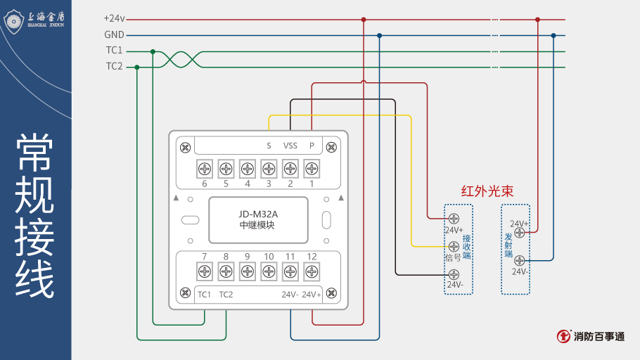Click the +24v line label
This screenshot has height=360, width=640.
pos(114,19)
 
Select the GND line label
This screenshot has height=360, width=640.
pos(114,34)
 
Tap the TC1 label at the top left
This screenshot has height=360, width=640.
pos(114,51)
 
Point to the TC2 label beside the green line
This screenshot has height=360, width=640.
pos(114,66)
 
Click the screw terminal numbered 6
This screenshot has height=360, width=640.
pos(205,169)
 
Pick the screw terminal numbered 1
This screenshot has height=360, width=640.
pos(312,169)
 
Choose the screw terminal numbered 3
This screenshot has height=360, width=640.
pos(269,169)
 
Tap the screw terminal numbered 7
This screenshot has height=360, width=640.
pos(205,271)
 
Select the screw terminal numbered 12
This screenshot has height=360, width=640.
pos(312,271)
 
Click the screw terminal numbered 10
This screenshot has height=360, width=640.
pos(269,271)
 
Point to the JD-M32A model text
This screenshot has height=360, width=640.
pos(258,214)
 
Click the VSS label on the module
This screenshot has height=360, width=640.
pos(290,146)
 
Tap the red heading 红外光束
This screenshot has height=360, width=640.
pos(487,191)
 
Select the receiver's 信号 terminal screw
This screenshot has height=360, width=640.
pos(454,246)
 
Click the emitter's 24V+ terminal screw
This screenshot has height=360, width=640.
pos(520,232)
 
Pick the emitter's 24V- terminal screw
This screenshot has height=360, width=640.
pos(520,260)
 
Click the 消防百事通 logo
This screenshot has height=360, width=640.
pos(591,337)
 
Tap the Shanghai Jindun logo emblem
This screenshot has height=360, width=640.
pos(15,20)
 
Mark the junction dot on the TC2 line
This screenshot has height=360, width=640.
pos(137,67)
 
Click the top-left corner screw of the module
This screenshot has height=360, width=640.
pos(185,147)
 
